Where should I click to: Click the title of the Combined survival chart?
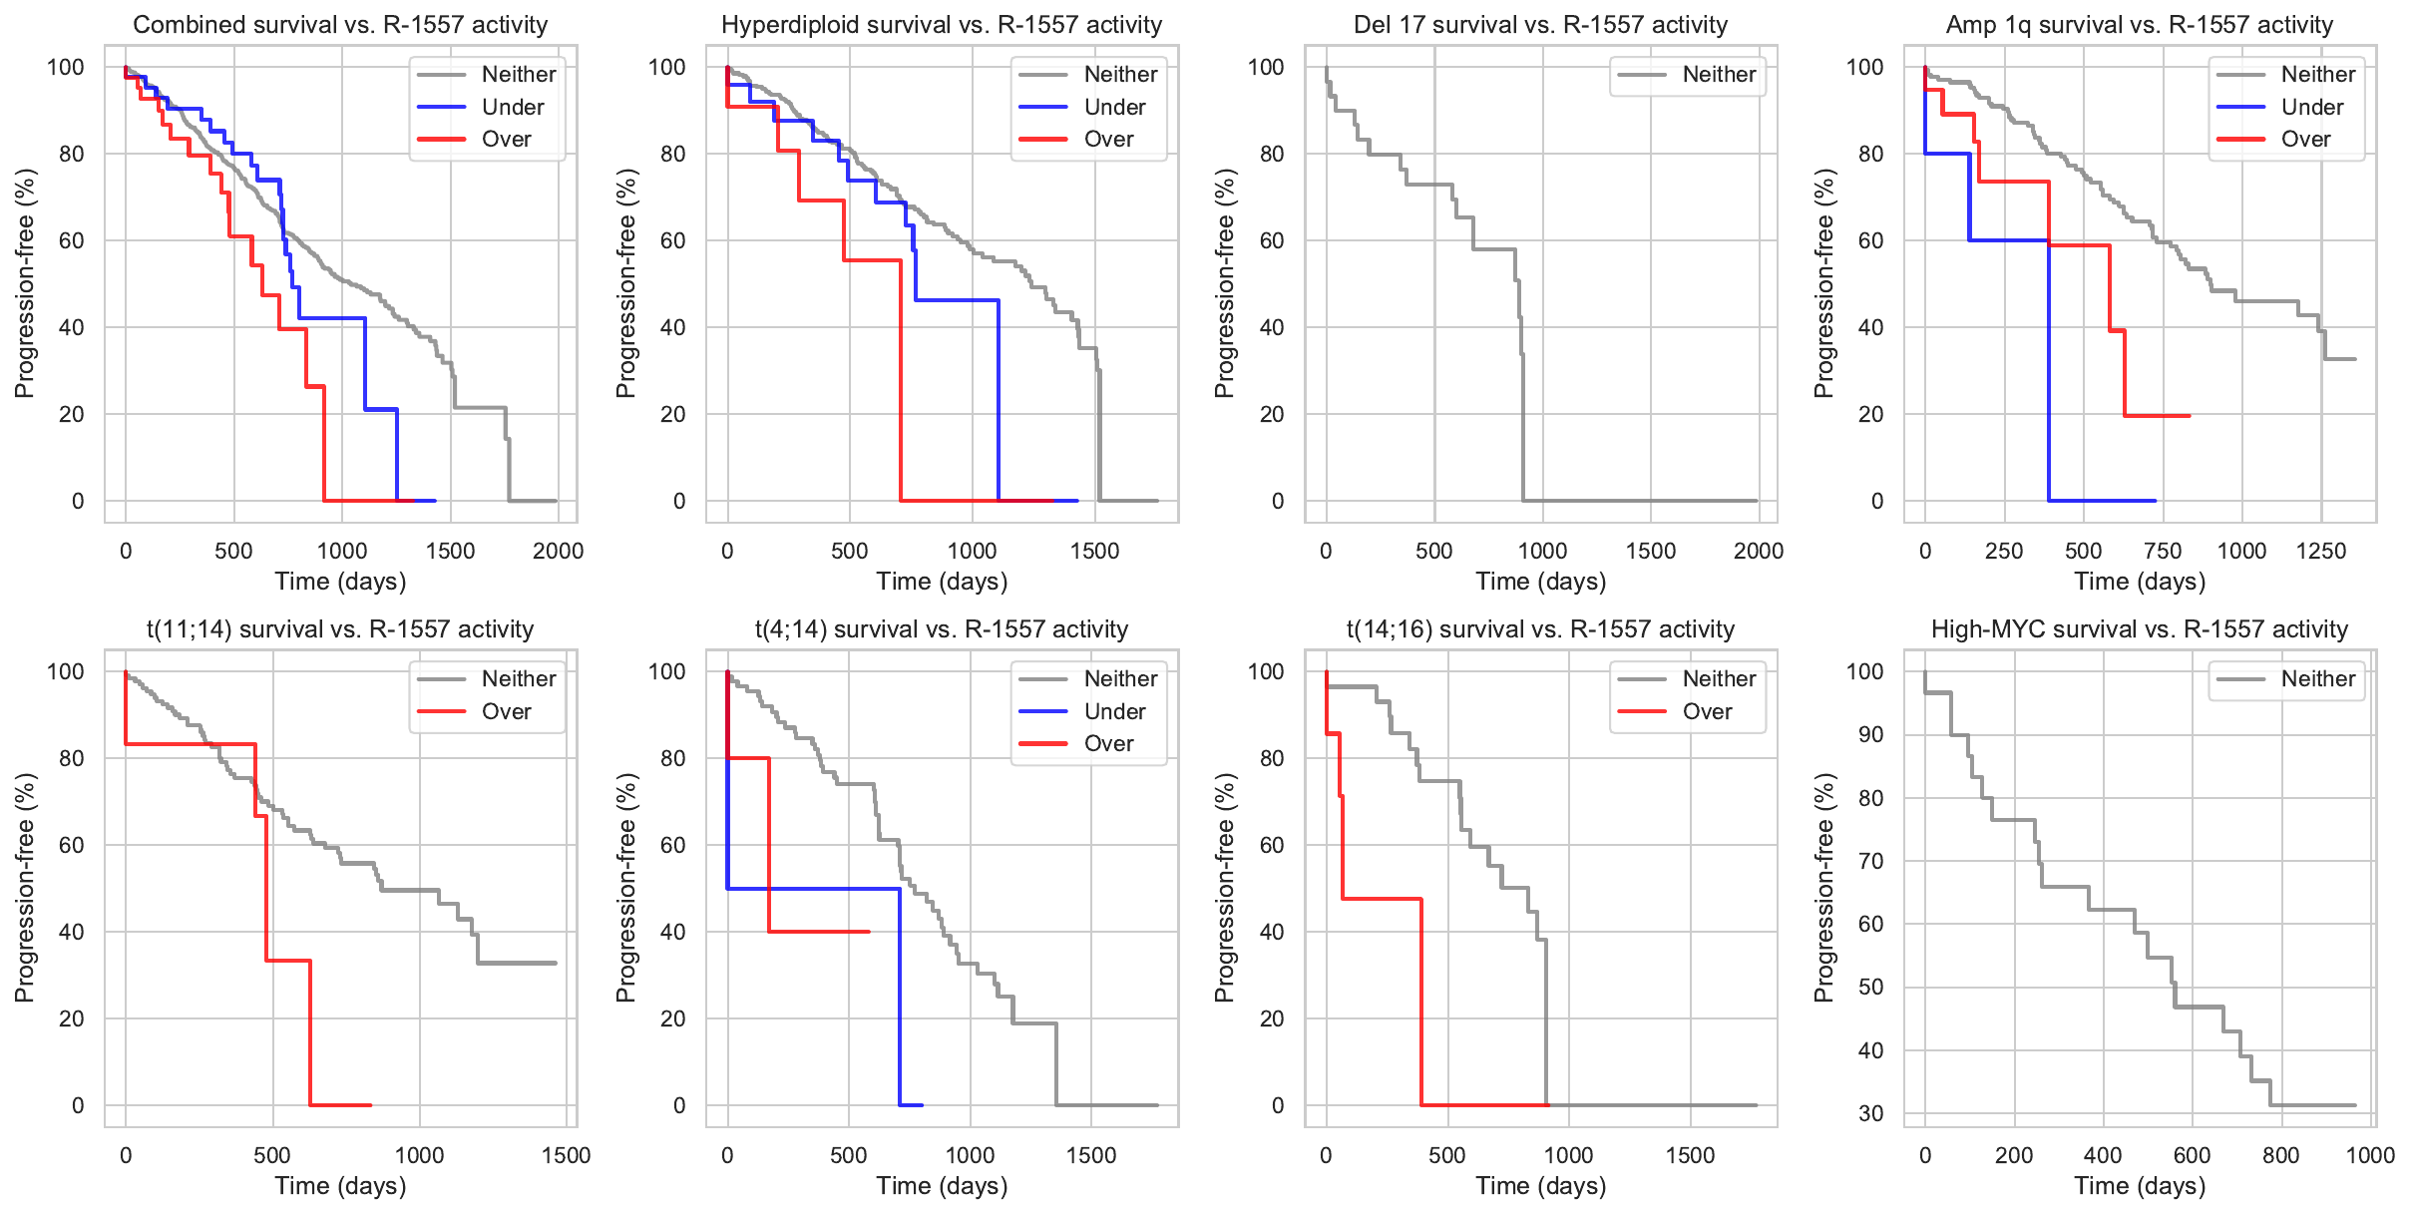340,25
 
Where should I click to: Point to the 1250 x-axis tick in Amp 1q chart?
2321,552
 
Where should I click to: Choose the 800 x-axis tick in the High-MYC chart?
2280,1156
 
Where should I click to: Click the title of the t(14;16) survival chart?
1540,629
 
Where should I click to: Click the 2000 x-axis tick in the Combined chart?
558,552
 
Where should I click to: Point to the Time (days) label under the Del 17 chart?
1540,582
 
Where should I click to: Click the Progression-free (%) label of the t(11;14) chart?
25,888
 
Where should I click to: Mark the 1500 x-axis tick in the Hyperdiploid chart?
1094,552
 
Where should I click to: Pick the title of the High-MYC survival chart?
2139,629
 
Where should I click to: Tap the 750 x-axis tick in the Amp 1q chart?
2163,552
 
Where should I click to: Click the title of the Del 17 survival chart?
1540,25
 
